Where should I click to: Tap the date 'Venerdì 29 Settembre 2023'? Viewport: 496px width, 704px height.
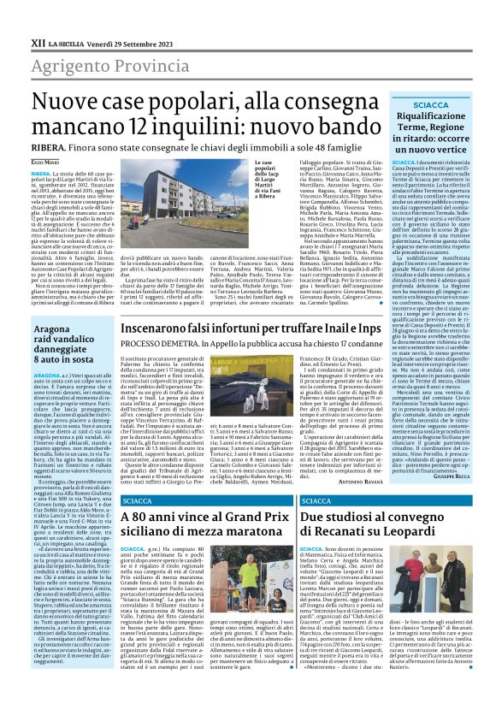pos(109,18)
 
